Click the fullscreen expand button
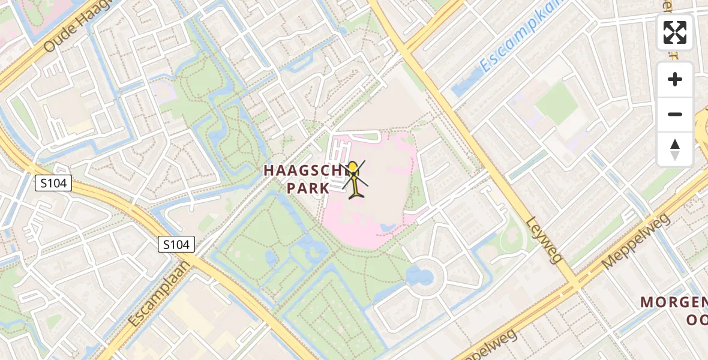(675, 32)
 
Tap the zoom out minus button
(675, 114)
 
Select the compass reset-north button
(675, 149)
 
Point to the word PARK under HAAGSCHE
(308, 188)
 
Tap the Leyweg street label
(545, 239)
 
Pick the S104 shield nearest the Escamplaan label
(177, 244)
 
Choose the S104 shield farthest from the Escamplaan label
(53, 184)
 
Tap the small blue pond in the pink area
(386, 227)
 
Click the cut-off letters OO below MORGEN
(696, 319)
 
